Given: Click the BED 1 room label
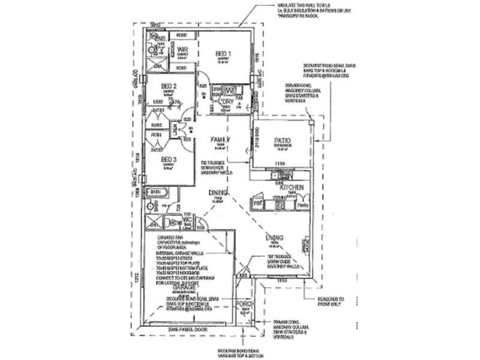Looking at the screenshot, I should pyautogui.click(x=224, y=54).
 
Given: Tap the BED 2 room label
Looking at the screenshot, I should pyautogui.click(x=168, y=86).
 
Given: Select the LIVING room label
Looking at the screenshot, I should pyautogui.click(x=276, y=238).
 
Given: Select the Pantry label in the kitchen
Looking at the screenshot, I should pyautogui.click(x=302, y=205).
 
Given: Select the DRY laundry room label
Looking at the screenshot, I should pyautogui.click(x=227, y=103).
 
